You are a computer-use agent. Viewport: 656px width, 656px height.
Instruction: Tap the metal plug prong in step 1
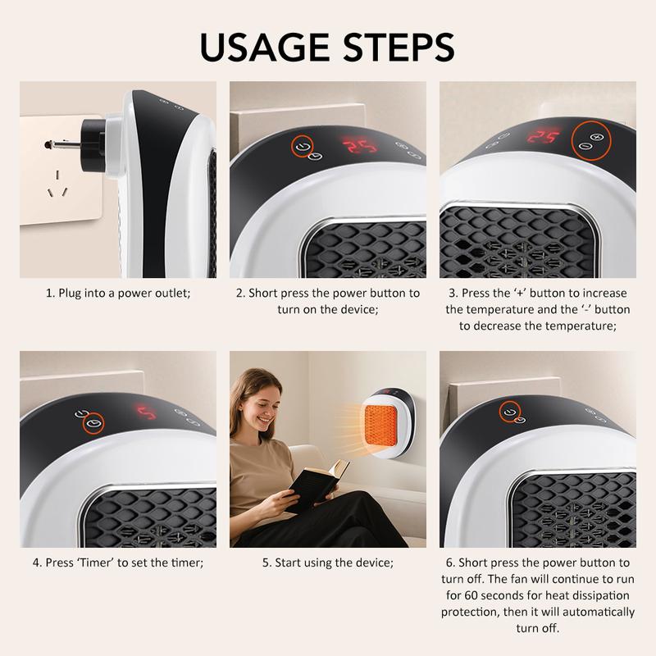(61, 144)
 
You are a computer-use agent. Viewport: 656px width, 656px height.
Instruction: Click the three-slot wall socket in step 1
(56, 184)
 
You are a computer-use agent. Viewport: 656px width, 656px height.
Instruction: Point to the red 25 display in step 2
(358, 148)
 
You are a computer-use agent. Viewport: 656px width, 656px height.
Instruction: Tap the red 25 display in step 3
(544, 136)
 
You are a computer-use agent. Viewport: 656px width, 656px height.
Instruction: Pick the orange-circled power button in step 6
(511, 410)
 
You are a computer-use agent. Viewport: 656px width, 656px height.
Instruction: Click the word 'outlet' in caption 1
(170, 293)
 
